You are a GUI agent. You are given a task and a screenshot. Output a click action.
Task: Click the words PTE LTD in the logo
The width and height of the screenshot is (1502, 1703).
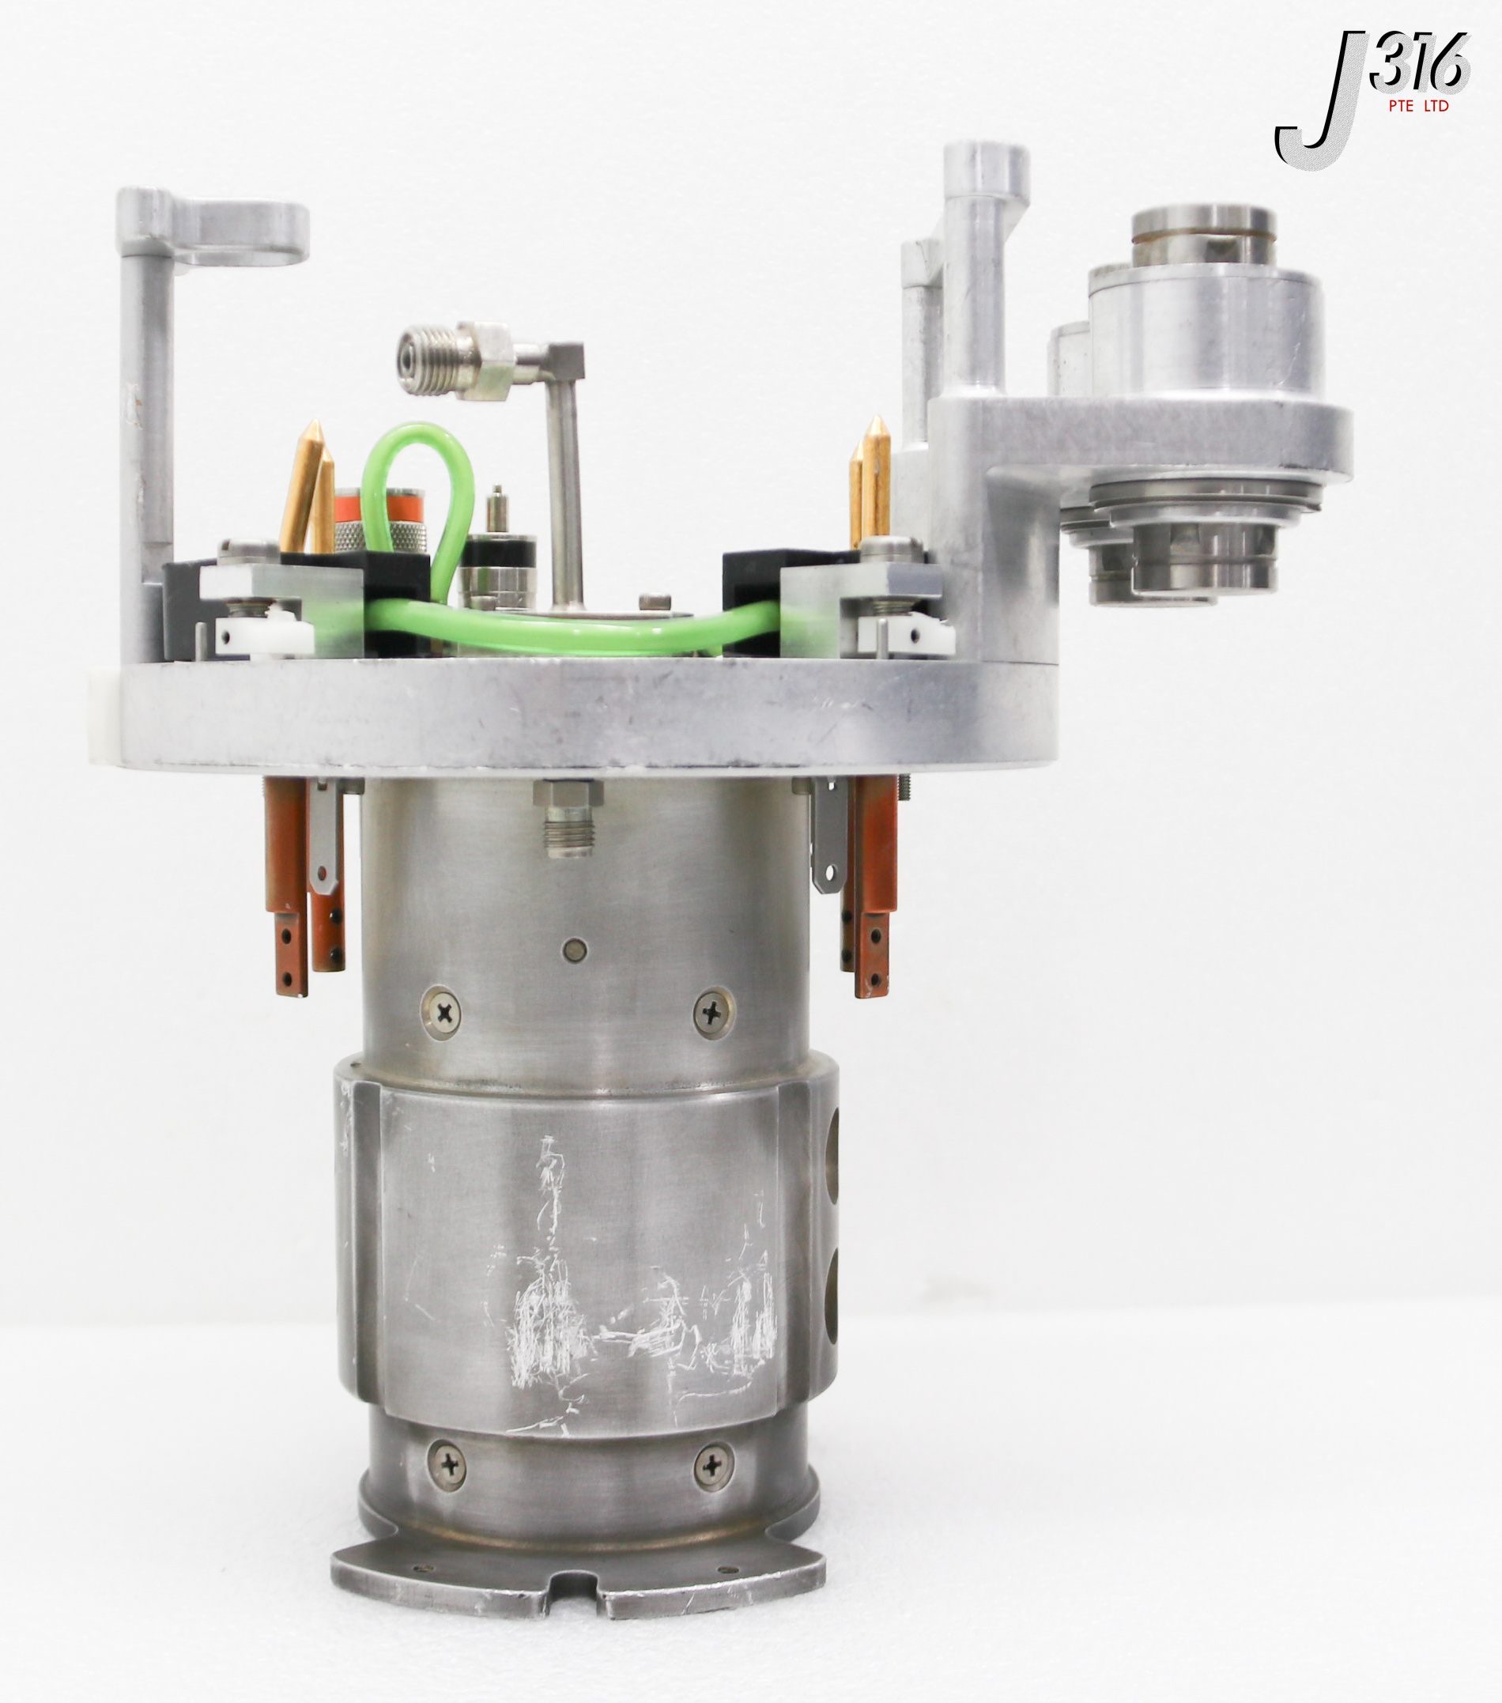[x=1419, y=106]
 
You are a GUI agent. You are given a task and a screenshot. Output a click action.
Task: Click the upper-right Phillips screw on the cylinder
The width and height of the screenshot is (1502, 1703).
[x=714, y=1011]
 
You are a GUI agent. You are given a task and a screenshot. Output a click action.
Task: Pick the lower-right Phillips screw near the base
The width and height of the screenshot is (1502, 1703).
[x=713, y=1463]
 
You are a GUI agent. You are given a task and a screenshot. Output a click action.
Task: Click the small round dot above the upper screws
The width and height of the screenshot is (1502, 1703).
[x=575, y=950]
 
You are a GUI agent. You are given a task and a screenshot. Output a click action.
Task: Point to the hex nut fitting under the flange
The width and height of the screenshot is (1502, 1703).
[x=569, y=816]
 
